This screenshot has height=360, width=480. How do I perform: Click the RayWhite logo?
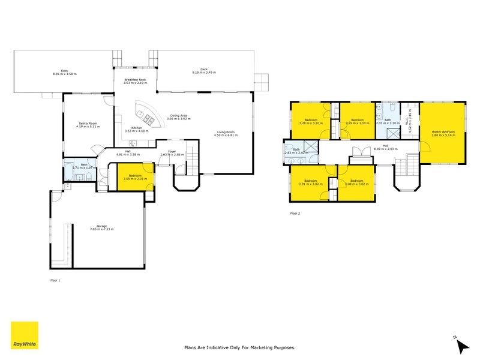point(25,335)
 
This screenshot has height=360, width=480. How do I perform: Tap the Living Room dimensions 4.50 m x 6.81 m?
point(226,136)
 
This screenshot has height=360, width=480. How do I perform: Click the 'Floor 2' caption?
point(295,213)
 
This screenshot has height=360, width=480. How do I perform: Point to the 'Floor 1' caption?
point(55,280)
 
